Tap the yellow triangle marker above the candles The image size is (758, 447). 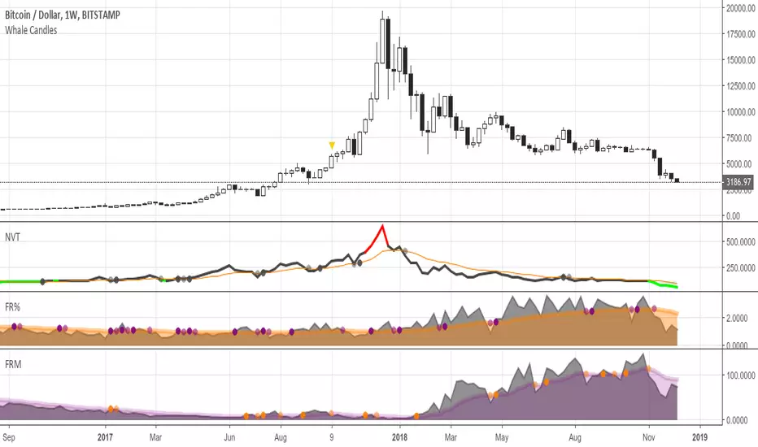[332, 145]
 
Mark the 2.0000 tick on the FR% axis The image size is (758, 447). [738, 319]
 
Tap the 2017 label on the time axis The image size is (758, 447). [105, 436]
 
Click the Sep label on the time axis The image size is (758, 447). [9, 436]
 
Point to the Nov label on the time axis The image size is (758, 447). [650, 436]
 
